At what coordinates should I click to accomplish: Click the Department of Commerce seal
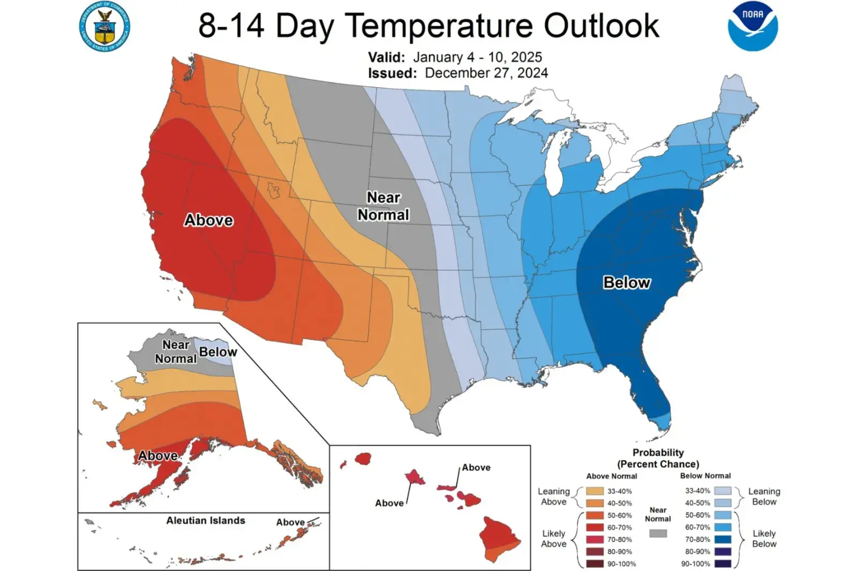104,26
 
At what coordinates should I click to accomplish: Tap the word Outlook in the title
602,25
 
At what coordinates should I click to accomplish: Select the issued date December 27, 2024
486,73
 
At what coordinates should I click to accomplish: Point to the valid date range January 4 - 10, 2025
477,57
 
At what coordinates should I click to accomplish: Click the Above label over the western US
208,220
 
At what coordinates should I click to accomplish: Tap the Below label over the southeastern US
627,282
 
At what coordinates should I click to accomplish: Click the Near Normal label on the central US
384,206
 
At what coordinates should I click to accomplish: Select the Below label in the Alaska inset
218,352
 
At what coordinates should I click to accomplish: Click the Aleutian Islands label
206,520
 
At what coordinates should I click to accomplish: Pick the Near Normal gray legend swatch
658,534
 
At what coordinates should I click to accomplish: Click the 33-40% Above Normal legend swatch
595,491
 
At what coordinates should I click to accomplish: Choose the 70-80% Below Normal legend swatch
723,539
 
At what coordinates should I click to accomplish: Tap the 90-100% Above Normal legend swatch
595,564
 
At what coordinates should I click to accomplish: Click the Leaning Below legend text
764,497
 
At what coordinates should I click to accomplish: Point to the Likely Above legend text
553,538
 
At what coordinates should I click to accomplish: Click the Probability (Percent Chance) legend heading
658,458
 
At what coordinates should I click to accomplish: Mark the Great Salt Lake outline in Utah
274,189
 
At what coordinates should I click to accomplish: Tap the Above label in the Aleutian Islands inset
290,522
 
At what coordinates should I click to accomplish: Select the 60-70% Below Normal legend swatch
723,527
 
